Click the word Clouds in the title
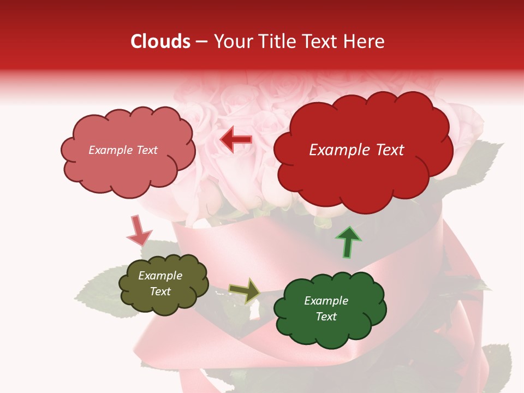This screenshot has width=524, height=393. pyautogui.click(x=160, y=41)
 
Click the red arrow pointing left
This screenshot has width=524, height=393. pyautogui.click(x=236, y=140)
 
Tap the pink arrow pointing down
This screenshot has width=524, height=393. pyautogui.click(x=138, y=230)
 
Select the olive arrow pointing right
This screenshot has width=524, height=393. pyautogui.click(x=245, y=290)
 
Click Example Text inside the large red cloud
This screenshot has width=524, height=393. pyautogui.click(x=356, y=150)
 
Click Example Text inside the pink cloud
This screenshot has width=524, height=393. pyautogui.click(x=123, y=150)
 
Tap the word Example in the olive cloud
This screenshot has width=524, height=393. pyautogui.click(x=160, y=276)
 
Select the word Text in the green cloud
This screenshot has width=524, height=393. pyautogui.click(x=326, y=317)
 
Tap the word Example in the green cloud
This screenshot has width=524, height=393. pyautogui.click(x=326, y=301)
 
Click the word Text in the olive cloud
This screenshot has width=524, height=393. pyautogui.click(x=160, y=291)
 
